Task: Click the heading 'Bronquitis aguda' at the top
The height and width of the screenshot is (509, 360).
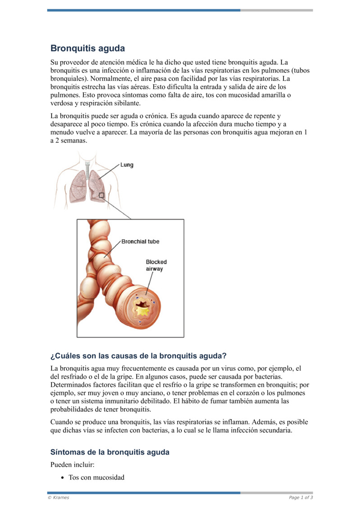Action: click(87, 48)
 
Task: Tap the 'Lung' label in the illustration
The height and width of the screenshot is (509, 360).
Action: click(127, 165)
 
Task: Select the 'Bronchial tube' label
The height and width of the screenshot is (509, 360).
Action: click(140, 242)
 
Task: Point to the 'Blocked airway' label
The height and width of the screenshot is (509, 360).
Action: click(156, 265)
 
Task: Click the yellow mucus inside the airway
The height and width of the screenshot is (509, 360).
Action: click(143, 310)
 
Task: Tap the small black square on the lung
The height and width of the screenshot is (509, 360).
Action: click(102, 195)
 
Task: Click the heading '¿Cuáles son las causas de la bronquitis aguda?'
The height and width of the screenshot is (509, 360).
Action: click(138, 356)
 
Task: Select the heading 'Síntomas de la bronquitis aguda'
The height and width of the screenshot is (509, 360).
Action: click(110, 452)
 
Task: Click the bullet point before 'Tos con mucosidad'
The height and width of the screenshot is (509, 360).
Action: click(63, 477)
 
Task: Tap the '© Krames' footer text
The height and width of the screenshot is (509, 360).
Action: click(58, 497)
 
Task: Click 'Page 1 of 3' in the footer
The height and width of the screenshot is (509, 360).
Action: click(301, 497)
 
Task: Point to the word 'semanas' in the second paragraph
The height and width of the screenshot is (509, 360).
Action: click(72, 140)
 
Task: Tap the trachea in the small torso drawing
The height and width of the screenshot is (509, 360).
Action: click(87, 165)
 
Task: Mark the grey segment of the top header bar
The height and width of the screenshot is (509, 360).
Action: click(276, 10)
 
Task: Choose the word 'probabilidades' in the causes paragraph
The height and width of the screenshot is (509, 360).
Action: click(72, 409)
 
